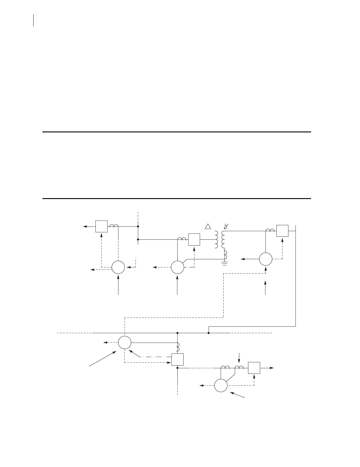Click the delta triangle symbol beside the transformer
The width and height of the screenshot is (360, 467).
coord(208,226)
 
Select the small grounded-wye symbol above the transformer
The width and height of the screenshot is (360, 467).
coord(226,226)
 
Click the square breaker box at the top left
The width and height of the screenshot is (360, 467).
coord(101,226)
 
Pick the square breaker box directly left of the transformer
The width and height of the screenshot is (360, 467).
coord(194,239)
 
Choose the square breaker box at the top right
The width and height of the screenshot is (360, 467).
coord(282,231)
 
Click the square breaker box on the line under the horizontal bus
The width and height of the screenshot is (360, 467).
coord(178,359)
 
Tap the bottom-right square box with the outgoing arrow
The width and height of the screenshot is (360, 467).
coord(254,368)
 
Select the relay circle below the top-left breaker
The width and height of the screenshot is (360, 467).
coord(118,268)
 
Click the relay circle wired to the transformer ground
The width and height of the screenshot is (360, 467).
coord(177,268)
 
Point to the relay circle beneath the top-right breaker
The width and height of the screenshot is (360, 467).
coord(265,259)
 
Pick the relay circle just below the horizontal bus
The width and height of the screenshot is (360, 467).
coord(125,343)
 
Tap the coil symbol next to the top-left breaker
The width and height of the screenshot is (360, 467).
coord(114,226)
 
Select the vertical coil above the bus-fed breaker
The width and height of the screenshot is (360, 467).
coord(178,347)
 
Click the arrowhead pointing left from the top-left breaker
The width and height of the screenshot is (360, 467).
coord(85,226)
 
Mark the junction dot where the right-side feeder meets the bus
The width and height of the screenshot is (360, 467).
coord(209,333)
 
